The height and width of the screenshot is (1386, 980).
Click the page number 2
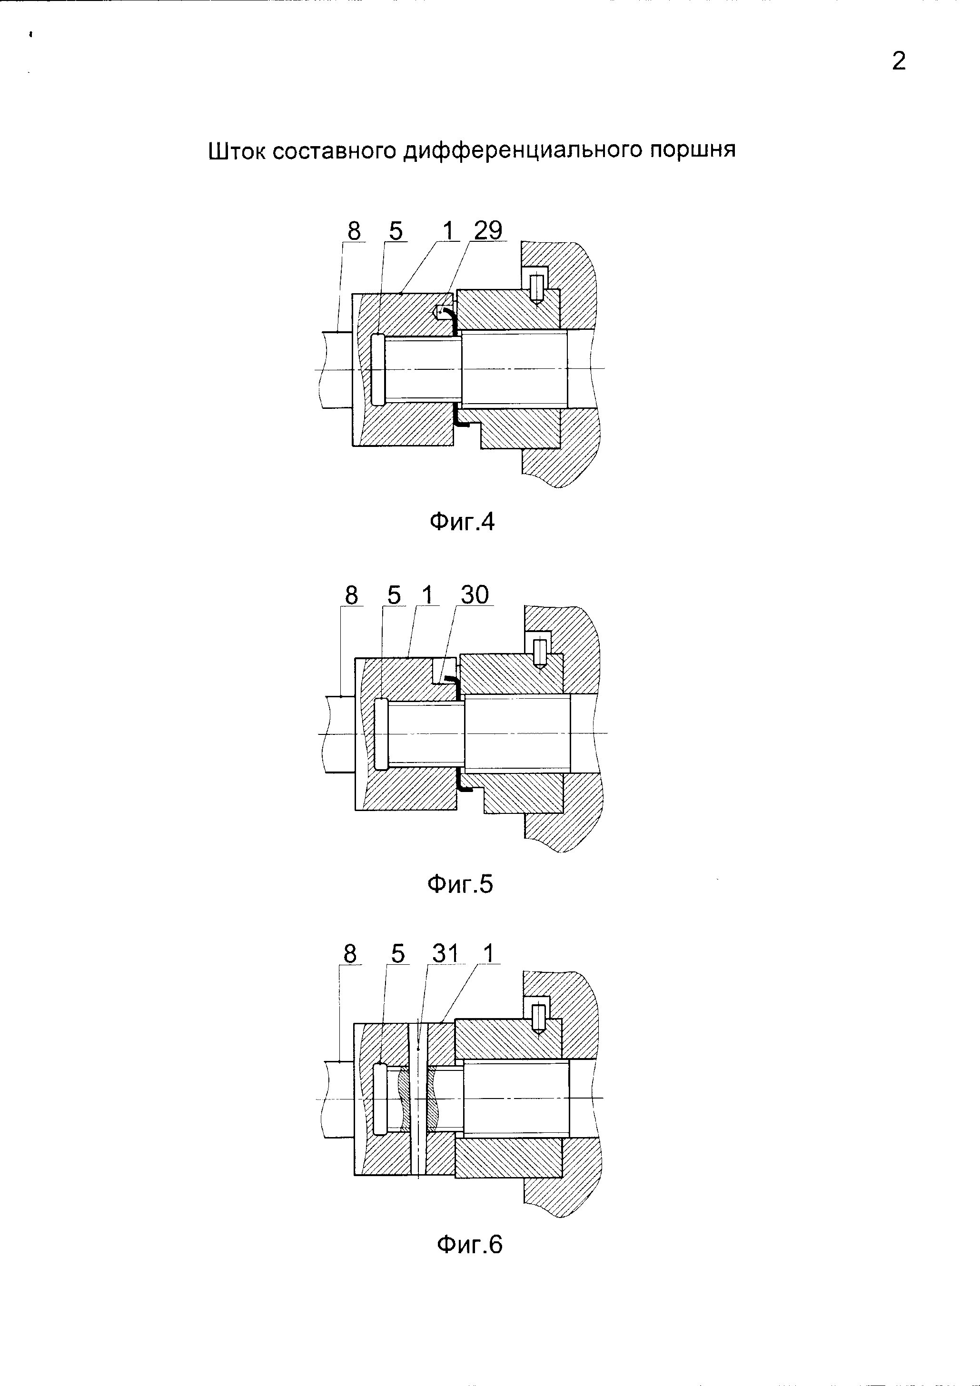coord(899,61)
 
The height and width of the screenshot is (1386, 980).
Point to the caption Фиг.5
coord(460,884)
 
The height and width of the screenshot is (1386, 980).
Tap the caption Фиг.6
coord(469,1245)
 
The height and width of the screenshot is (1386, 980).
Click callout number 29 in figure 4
coord(488,230)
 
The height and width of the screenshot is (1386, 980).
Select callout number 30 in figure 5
coord(475,595)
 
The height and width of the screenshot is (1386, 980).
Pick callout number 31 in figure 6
coord(445,954)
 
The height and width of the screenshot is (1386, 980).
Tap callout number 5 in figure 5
coord(394,596)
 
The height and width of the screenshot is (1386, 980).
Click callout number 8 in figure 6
coord(350,954)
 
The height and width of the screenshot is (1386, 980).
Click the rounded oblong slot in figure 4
coord(377,369)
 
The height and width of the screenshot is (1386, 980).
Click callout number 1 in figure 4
coord(447,230)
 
